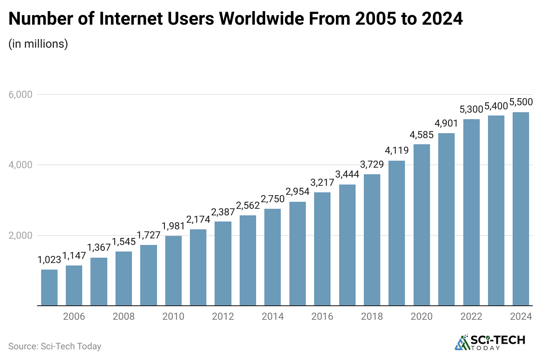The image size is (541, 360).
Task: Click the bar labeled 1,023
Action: click(49, 287)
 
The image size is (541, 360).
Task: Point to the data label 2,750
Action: click(273, 201)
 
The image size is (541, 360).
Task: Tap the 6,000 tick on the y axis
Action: click(21, 95)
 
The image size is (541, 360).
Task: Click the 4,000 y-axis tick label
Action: click(21, 165)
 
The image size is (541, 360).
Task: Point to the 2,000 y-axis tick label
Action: click(21, 235)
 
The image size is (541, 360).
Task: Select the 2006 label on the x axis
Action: click(74, 316)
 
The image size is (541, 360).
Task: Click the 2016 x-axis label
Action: click(322, 316)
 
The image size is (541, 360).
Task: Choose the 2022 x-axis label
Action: click(472, 316)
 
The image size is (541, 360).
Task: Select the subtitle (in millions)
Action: click(38, 44)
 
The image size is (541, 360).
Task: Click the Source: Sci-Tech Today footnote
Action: click(55, 346)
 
